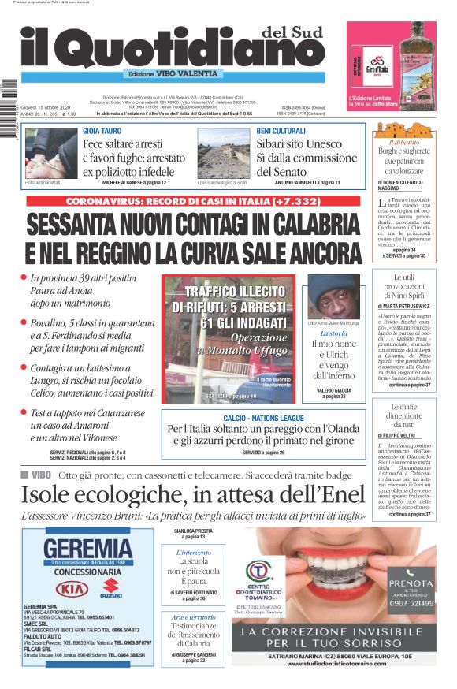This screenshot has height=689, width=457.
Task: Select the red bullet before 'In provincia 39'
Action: [24, 277]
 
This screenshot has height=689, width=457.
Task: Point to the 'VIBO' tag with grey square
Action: [36, 475]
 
